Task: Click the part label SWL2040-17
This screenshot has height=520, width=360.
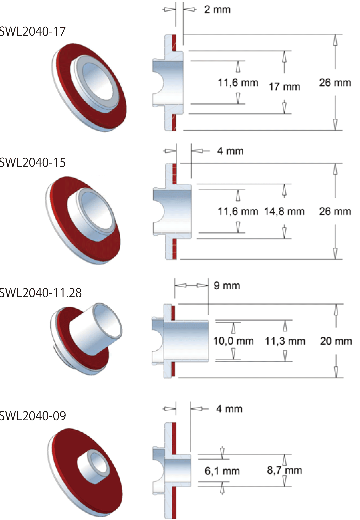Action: pos(32,32)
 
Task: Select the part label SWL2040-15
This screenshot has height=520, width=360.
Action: pos(32,162)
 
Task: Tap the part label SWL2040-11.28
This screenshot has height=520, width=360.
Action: pos(40,292)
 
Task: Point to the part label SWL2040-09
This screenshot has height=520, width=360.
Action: pos(33,415)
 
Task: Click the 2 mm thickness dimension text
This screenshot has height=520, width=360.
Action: pos(217,9)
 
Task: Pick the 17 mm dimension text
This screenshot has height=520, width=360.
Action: pos(285,87)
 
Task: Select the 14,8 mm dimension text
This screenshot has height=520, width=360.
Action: pos(284,211)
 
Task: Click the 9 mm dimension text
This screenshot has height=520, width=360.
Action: pos(227,286)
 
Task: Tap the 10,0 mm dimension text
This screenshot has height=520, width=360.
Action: pos(233,341)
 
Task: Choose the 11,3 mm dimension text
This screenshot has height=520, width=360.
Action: pos(285,341)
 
